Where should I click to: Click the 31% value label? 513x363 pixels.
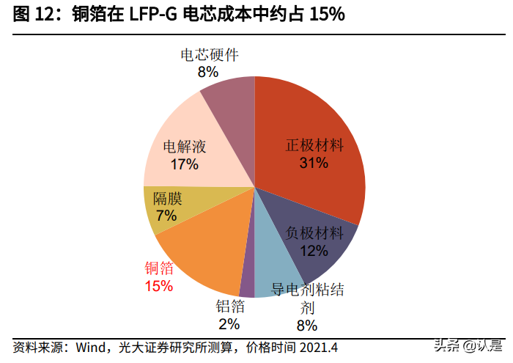(x=313, y=163)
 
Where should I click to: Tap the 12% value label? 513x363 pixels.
(x=313, y=252)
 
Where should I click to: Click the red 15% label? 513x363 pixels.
(x=158, y=286)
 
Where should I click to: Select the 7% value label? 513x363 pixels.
(x=166, y=216)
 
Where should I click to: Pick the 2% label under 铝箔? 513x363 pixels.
(x=229, y=323)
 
